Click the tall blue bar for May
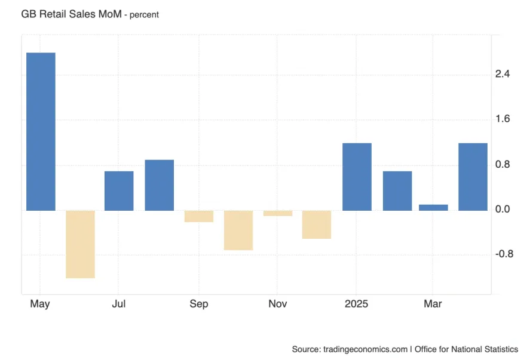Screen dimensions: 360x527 tap(41, 131)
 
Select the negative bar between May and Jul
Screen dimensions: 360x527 tap(80, 244)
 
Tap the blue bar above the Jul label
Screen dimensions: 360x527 tap(119, 190)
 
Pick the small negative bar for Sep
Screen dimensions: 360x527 tap(199, 216)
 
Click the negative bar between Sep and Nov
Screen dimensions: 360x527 tap(238, 230)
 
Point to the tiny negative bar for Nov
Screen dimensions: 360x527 tap(278, 213)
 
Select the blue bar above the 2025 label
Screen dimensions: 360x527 tap(357, 177)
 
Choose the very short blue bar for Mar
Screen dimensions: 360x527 tap(433, 207)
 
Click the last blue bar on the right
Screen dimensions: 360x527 tap(473, 177)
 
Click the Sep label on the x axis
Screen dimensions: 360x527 tap(199, 304)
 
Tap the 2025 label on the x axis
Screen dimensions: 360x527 tap(357, 304)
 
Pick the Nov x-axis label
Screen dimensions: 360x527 tap(278, 304)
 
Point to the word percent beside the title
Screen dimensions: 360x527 tap(142, 14)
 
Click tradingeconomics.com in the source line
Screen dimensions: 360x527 tap(365, 349)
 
